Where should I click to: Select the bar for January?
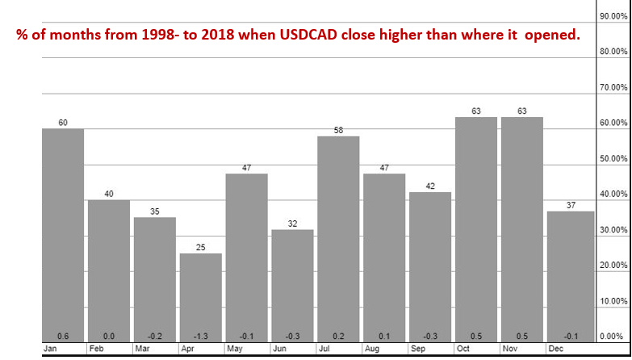[x=63, y=234]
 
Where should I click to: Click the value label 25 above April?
[x=201, y=247]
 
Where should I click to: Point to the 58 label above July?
[x=338, y=130]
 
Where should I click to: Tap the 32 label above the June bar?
[x=292, y=223]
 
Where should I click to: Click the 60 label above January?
[x=63, y=123]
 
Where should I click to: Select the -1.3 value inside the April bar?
[x=201, y=336]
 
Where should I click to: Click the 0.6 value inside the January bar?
[x=63, y=336]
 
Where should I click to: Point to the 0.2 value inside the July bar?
[x=338, y=336]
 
